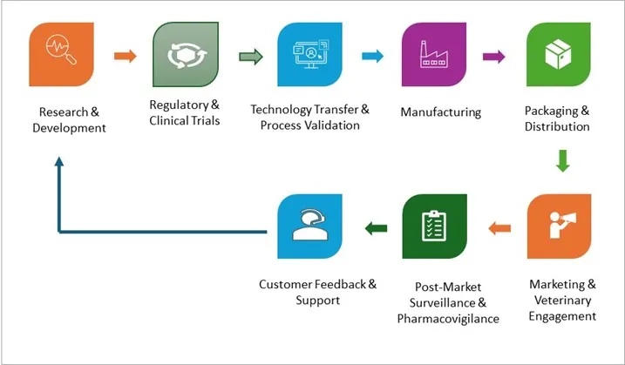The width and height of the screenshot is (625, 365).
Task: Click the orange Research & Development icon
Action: pyautogui.click(x=62, y=57)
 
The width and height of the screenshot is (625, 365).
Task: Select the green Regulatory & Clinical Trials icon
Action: pyautogui.click(x=185, y=57)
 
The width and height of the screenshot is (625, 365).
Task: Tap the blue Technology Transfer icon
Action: pyautogui.click(x=310, y=57)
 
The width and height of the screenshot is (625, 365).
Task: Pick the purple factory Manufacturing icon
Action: pyautogui.click(x=434, y=57)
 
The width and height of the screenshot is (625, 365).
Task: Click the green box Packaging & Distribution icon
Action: pyautogui.click(x=559, y=57)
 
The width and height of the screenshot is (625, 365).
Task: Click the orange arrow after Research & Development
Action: pyautogui.click(x=125, y=57)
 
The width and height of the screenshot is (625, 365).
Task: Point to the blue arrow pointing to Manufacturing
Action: pyautogui.click(x=372, y=57)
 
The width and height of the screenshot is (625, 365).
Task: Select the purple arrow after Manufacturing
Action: pyautogui.click(x=494, y=57)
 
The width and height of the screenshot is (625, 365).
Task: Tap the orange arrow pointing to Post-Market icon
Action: pyautogui.click(x=499, y=228)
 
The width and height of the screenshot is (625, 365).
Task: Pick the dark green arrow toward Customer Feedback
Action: pyautogui.click(x=376, y=228)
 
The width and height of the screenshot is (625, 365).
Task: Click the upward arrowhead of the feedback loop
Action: pyautogui.click(x=58, y=164)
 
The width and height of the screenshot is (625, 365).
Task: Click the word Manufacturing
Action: pyautogui.click(x=440, y=112)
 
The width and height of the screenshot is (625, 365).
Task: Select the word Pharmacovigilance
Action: pyautogui.click(x=448, y=319)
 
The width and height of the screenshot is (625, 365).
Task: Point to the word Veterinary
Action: pyautogui.click(x=562, y=300)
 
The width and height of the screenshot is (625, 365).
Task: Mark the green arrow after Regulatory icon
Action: pyautogui.click(x=250, y=57)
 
